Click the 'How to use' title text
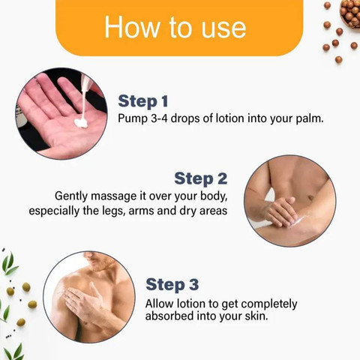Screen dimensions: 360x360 175,27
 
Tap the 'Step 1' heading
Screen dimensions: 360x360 143,101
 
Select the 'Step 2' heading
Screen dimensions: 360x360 201,178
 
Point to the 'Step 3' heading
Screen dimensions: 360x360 172,284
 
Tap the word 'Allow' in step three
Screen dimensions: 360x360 159,304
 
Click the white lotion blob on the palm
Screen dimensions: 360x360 81,123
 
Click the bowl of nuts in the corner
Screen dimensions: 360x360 350,13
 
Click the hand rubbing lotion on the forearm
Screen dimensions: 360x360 280,211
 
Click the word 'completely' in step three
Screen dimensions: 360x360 269,304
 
